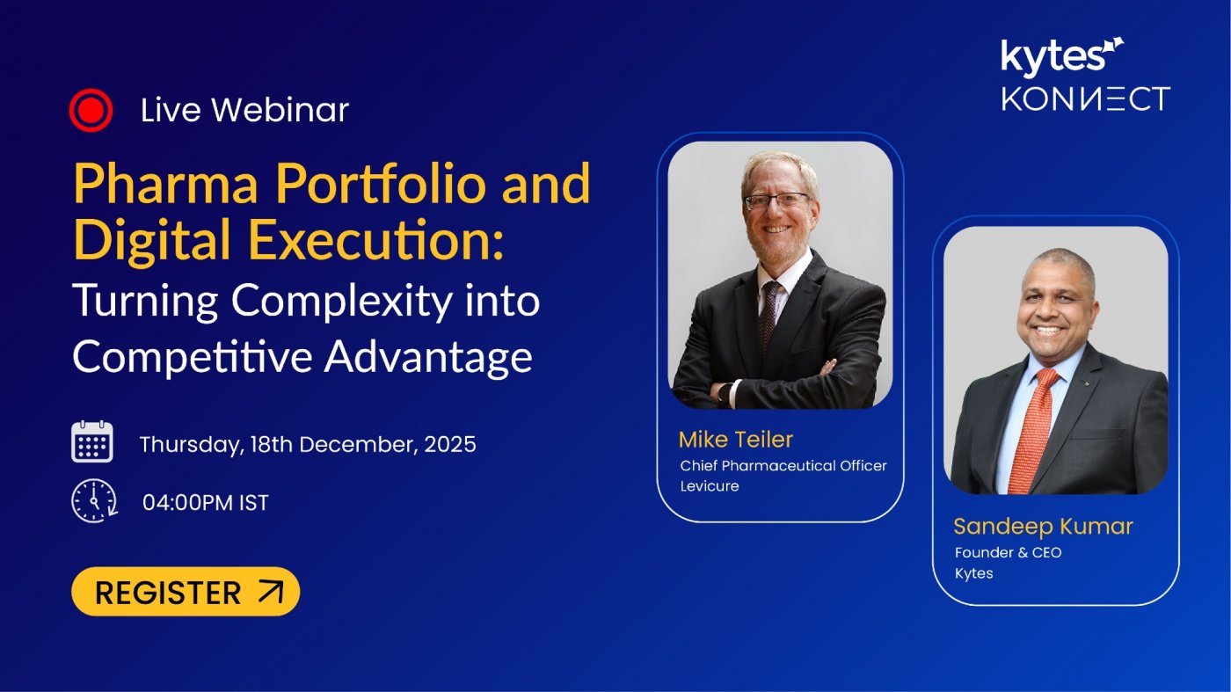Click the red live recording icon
pos(91,111)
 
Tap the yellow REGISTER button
pos(185,592)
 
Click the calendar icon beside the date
pos(92,442)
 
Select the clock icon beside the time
pos(93,502)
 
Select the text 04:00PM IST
pos(205,503)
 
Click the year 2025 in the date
pos(450,444)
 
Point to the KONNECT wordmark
pos(1085,98)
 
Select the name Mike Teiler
pos(735,440)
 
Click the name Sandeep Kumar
pos(1043,526)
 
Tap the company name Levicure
pos(710,486)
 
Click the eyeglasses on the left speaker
pos(776,200)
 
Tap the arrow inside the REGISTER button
pos(271,592)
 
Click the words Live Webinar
pos(244,110)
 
